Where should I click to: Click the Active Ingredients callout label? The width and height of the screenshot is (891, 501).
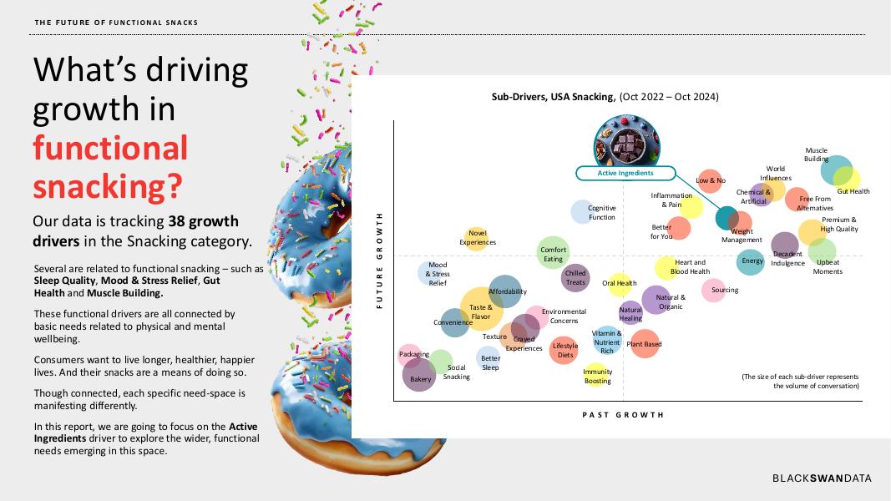pos(625,173)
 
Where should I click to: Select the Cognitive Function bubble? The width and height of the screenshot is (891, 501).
pos(582,211)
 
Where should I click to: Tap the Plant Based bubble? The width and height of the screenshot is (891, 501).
pos(645,343)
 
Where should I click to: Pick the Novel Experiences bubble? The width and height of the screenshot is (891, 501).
pos(477,239)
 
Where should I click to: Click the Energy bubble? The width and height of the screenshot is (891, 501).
pos(752,261)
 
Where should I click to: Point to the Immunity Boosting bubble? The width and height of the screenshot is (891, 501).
pos(597,376)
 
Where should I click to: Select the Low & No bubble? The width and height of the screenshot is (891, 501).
pos(711,180)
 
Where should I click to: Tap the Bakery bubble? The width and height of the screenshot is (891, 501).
pos(419,376)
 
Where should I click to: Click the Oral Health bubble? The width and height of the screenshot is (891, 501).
pos(620,284)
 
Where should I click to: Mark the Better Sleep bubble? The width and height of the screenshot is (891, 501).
pos(490,359)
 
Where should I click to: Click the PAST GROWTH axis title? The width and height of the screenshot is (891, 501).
pos(623,414)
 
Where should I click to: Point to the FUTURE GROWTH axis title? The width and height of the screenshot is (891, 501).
pos(380,261)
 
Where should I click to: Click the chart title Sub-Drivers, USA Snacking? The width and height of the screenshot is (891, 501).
pos(605,97)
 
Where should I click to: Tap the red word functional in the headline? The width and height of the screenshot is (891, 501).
pos(110,148)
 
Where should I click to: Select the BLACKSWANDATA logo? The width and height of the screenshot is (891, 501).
pos(822,478)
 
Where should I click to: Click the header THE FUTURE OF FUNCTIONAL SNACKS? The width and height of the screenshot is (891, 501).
pos(117,23)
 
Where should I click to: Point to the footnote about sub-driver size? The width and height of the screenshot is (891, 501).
pos(800,381)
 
